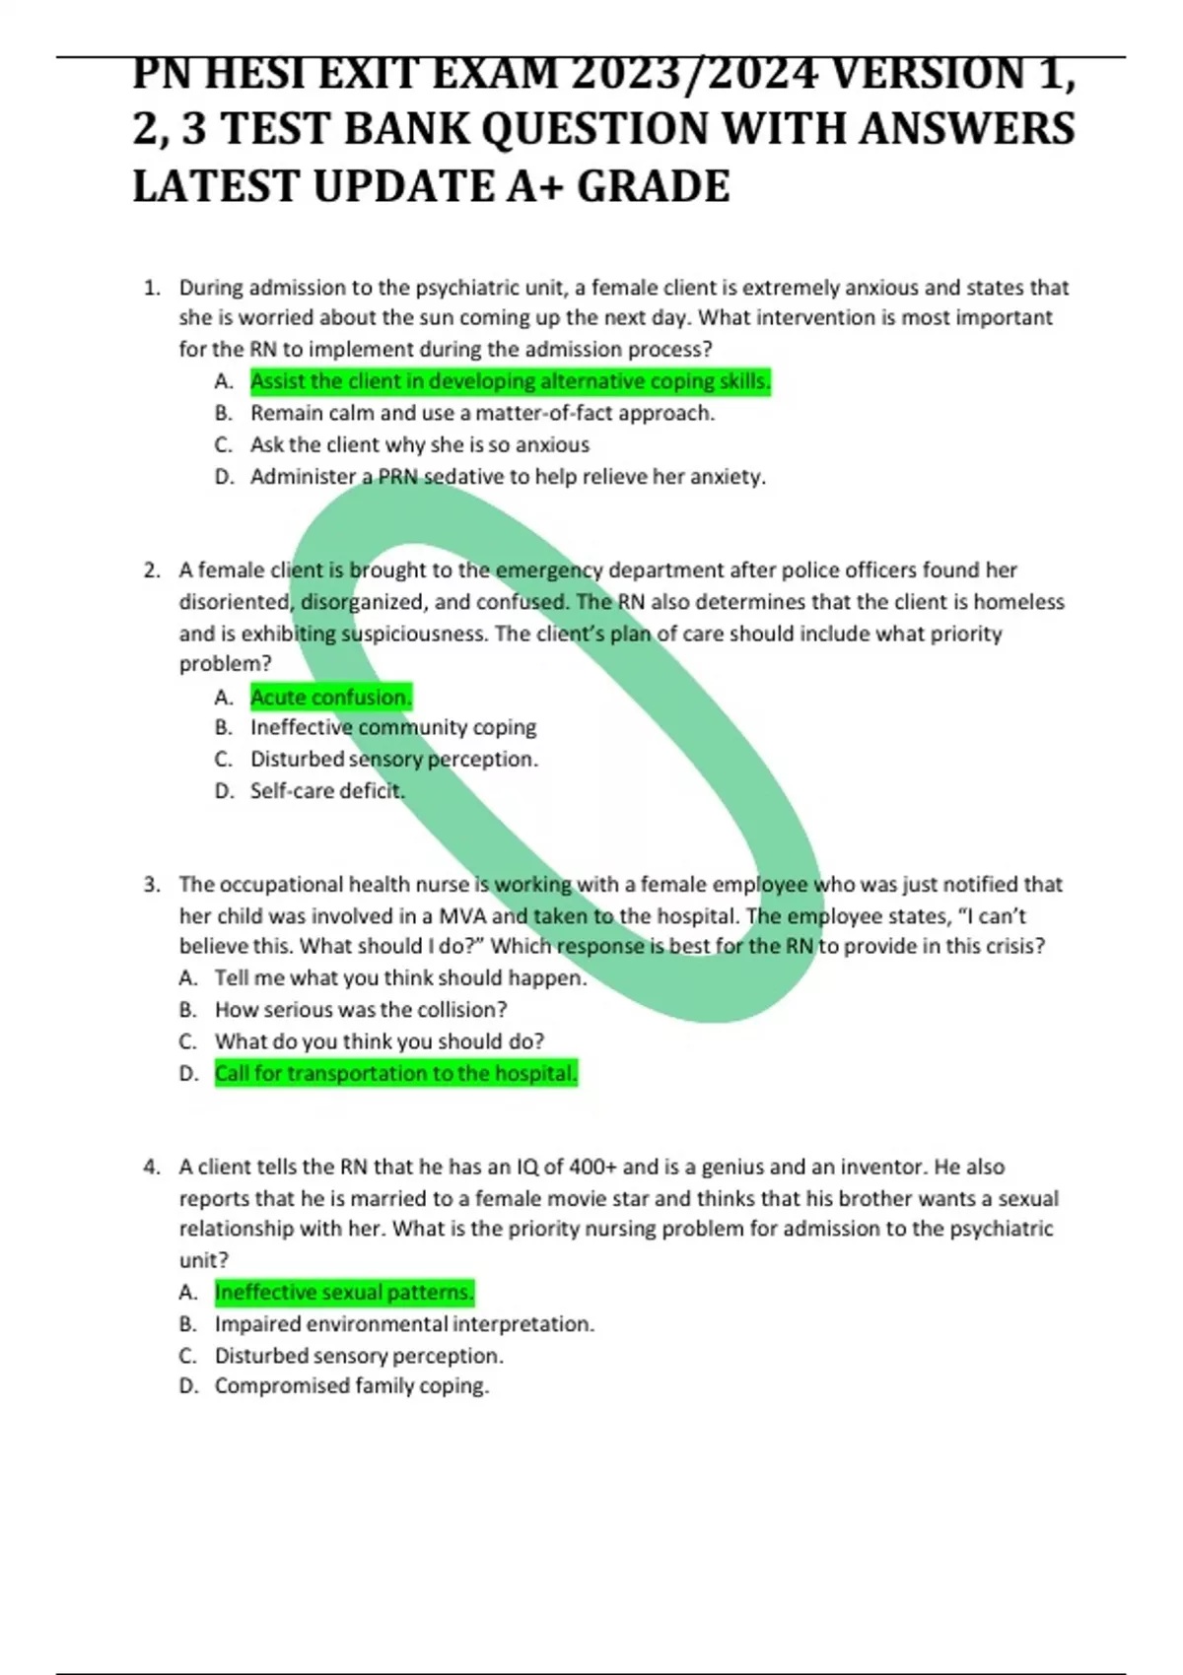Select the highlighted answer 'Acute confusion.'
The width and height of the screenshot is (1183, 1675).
[x=330, y=698]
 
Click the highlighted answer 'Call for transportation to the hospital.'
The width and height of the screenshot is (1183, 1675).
[x=395, y=1073]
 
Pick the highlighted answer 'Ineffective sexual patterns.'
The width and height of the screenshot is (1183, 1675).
[x=344, y=1292]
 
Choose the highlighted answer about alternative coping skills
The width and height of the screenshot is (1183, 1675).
[x=510, y=381]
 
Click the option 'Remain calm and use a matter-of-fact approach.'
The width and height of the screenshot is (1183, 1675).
[x=482, y=413]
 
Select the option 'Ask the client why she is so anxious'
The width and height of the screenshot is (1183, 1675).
[x=419, y=444]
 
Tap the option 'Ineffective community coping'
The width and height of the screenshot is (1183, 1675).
[x=392, y=727]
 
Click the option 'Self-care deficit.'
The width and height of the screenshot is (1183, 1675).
[x=327, y=790]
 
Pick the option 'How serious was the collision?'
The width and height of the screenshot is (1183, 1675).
[x=361, y=1010]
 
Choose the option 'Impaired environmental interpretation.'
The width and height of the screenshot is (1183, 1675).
[x=404, y=1324]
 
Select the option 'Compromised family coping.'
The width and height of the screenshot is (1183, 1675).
[x=352, y=1386]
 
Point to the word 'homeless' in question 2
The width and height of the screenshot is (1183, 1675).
[x=1019, y=602]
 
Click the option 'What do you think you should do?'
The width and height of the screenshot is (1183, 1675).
[x=380, y=1041]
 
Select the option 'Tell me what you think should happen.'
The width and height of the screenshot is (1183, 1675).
[x=400, y=978]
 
